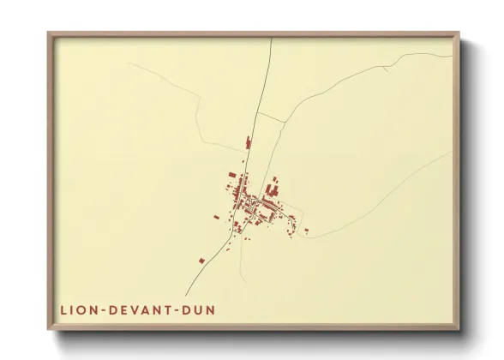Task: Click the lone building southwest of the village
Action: tap(201, 259)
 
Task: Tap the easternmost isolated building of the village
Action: tap(306, 230)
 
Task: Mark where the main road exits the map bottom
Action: tap(187, 296)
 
